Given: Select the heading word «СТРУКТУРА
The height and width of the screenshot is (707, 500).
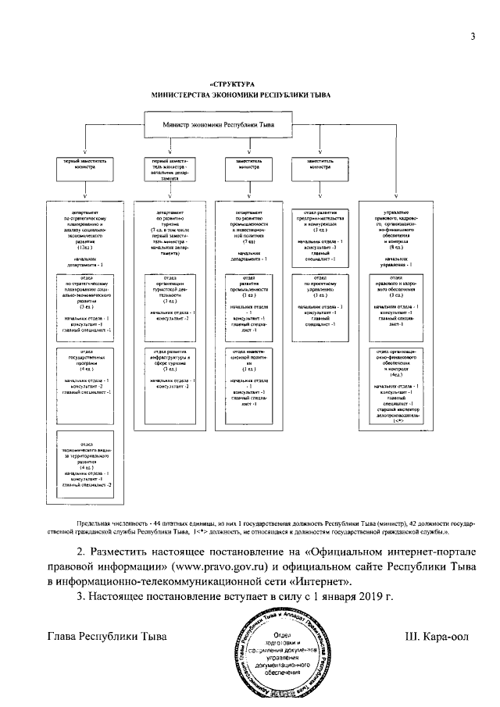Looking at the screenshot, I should click(x=233, y=83).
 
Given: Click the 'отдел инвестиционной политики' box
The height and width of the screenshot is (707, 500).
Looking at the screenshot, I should click(x=247, y=378).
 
